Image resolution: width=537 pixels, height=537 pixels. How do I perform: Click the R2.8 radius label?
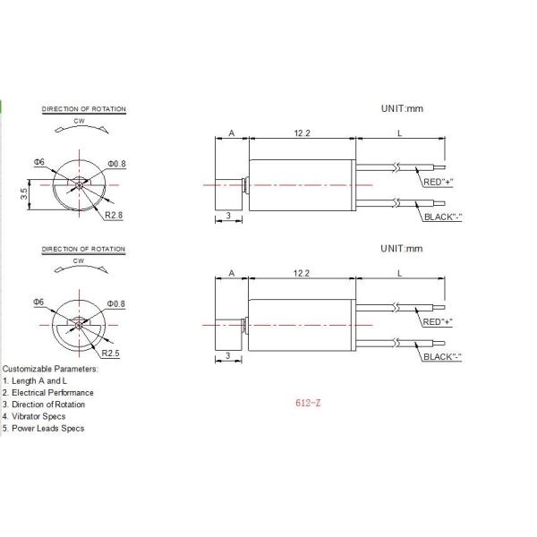click(x=114, y=215)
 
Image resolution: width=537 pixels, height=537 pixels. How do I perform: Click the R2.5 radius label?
click(x=111, y=354)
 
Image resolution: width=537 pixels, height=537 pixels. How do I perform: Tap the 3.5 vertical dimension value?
click(x=24, y=194)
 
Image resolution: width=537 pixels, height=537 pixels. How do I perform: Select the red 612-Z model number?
click(x=308, y=403)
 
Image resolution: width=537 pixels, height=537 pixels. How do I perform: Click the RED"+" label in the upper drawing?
click(x=438, y=183)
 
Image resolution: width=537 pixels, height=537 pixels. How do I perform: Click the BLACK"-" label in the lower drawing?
click(x=442, y=357)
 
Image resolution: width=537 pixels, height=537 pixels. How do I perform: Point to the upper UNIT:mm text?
click(x=402, y=108)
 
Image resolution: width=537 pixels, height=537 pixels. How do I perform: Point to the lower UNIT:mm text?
click(x=401, y=249)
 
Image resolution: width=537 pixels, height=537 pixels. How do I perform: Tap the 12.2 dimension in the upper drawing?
click(x=303, y=132)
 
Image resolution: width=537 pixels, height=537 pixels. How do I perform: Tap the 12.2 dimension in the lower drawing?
click(x=302, y=273)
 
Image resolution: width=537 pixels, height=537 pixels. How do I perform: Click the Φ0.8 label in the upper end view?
click(x=116, y=164)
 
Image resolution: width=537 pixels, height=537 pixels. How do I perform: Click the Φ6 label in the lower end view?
click(x=38, y=302)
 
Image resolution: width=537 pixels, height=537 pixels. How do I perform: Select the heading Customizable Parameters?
click(x=50, y=369)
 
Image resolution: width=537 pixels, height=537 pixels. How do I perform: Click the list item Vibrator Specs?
click(x=38, y=416)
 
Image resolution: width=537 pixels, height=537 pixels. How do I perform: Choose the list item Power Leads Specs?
click(x=48, y=429)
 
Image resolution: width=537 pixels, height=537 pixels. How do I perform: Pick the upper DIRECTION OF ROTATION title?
click(x=84, y=109)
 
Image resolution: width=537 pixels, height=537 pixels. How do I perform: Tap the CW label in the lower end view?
click(x=79, y=261)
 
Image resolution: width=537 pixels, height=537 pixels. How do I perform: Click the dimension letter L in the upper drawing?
click(x=399, y=133)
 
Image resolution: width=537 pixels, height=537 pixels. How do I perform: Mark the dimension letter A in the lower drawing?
click(x=232, y=273)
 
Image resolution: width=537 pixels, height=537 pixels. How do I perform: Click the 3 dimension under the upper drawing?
click(x=228, y=216)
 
